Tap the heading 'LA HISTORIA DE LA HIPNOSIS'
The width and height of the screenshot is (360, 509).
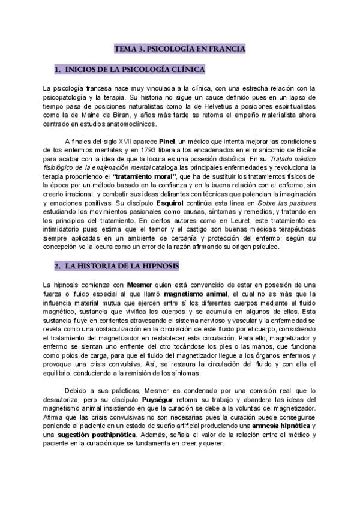point(117,265)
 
